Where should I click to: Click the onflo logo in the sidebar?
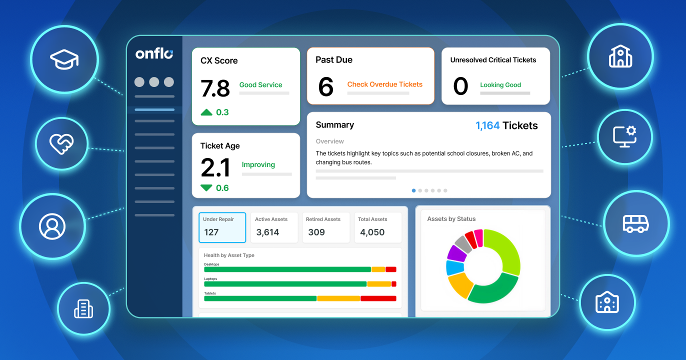click(154, 54)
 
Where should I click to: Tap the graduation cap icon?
click(64, 59)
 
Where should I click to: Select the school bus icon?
click(636, 224)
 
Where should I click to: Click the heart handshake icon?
click(61, 143)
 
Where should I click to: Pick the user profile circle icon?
click(52, 226)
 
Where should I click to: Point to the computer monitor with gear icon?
click(625, 136)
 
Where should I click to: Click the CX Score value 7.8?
click(215, 88)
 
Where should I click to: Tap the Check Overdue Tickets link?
click(384, 84)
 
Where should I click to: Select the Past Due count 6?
click(326, 86)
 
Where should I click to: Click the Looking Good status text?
click(500, 85)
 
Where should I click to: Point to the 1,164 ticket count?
click(487, 125)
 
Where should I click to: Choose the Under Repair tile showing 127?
click(222, 227)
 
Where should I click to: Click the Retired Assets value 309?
click(316, 232)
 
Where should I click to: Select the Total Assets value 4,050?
click(372, 232)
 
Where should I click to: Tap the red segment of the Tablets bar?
click(378, 298)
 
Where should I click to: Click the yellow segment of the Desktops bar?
click(378, 269)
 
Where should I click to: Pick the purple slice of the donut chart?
click(456, 253)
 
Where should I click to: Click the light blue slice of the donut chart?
click(455, 267)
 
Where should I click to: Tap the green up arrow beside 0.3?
click(206, 112)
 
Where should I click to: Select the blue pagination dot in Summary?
click(413, 190)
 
